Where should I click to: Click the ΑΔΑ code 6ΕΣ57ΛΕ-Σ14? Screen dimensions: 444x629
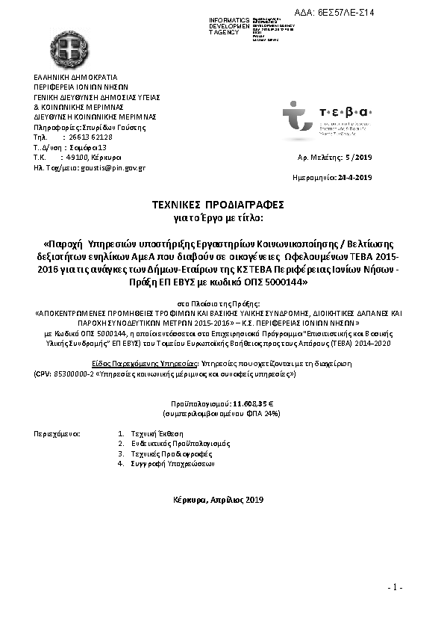(x=334, y=13)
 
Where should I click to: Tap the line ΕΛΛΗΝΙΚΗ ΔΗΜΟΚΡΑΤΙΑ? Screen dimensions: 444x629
(x=76, y=77)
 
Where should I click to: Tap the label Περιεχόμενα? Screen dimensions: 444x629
(x=57, y=433)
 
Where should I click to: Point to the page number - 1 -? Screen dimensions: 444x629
(x=395, y=588)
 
